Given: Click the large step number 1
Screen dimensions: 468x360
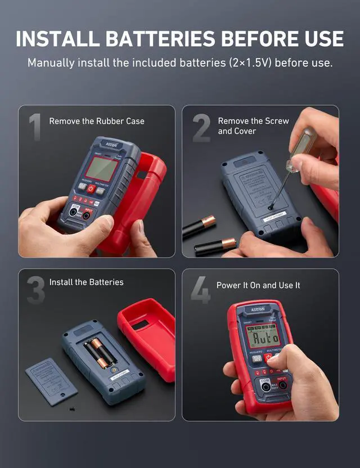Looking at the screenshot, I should click(x=35, y=127).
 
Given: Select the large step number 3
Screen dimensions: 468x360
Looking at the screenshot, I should click(x=35, y=288).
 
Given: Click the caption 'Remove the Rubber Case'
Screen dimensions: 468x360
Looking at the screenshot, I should click(x=97, y=121).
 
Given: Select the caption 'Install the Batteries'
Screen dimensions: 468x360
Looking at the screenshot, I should click(x=86, y=282).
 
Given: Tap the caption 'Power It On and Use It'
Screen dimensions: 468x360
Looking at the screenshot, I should click(x=258, y=285).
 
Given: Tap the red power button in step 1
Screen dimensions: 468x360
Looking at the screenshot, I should click(x=91, y=188).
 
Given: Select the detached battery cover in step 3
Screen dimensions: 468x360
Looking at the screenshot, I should click(x=51, y=381).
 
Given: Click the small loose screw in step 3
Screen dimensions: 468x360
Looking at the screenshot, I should click(x=70, y=408).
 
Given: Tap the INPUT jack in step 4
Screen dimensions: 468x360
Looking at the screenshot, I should click(x=282, y=386).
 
